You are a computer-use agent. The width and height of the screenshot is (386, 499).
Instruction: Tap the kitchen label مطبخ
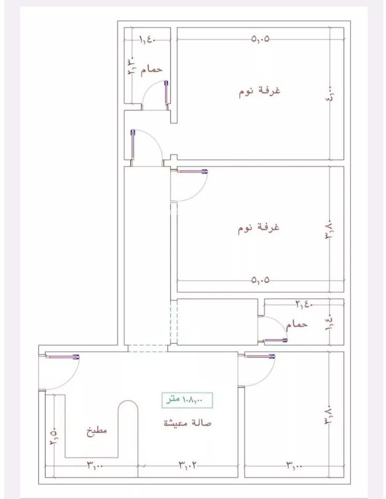coord(96,431)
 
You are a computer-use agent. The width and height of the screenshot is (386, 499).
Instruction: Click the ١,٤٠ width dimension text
coord(147,39)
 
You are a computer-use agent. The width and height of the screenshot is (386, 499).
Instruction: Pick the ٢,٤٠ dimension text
coord(305,305)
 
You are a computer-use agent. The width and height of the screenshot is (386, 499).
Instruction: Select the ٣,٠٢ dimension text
coord(189,466)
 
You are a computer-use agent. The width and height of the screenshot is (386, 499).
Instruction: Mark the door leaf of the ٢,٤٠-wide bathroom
coord(275,340)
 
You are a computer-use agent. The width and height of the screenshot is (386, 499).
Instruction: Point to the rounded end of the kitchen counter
coord(128,409)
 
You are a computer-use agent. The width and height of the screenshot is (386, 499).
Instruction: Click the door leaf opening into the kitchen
coord(62,355)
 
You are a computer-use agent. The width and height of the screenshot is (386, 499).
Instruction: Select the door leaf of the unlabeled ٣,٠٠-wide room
coord(260,355)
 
